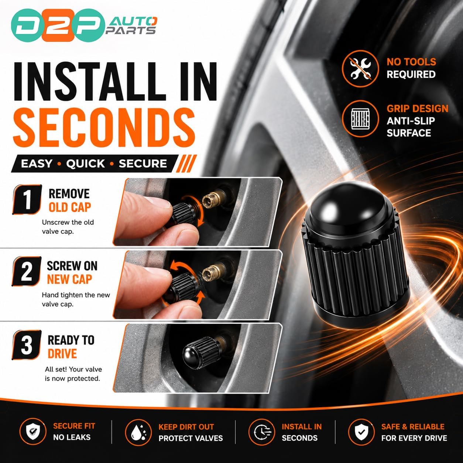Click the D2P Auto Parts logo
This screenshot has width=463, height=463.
(x=84, y=25)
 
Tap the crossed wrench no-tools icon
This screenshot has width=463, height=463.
(x=360, y=69)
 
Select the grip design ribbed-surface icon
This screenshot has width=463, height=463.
(x=360, y=119)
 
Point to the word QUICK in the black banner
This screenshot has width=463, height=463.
(x=85, y=164)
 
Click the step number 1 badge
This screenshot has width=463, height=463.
(x=27, y=199)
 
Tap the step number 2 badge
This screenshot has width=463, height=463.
(x=27, y=271)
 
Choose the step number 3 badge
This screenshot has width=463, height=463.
(x=27, y=345)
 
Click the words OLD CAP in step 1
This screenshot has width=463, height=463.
(x=70, y=208)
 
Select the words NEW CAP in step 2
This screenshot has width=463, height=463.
(x=69, y=279)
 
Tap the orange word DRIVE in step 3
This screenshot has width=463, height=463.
(x=62, y=353)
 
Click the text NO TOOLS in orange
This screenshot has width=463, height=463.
(x=411, y=62)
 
